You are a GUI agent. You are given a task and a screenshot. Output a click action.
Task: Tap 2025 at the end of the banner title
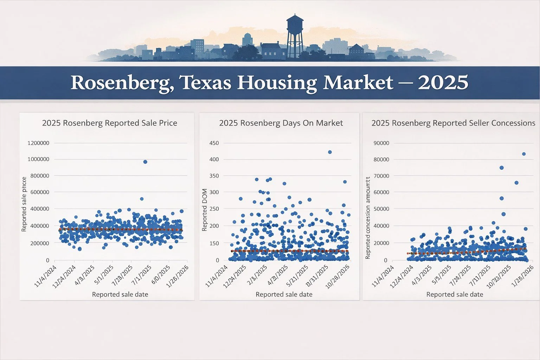tap(443, 83)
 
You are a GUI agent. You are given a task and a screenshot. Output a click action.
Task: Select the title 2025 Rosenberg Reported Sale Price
tap(109, 123)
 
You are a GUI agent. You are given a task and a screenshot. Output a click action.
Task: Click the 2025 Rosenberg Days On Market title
tap(281, 123)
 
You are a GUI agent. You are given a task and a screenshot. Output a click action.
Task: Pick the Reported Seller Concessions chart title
tap(453, 123)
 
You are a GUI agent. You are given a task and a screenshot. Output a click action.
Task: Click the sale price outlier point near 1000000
tap(145, 162)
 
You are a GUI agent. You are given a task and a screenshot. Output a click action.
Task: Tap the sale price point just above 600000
tap(142, 199)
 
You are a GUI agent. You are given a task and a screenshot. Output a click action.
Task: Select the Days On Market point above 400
tap(330, 152)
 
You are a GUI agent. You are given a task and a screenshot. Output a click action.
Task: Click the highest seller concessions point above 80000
tap(523, 154)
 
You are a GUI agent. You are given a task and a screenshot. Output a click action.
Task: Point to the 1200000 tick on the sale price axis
tap(38, 143)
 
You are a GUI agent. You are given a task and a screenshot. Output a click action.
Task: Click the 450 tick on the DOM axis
tap(214, 143)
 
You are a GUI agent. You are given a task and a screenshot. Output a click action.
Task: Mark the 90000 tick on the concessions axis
tap(381, 143)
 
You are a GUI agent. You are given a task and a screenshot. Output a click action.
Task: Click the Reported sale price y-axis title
tap(24, 205)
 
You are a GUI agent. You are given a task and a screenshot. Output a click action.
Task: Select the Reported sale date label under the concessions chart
tap(455, 295)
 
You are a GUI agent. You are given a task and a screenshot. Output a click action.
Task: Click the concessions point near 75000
tap(501, 168)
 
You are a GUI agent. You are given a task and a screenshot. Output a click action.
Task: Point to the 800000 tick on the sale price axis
tap(40, 176)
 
